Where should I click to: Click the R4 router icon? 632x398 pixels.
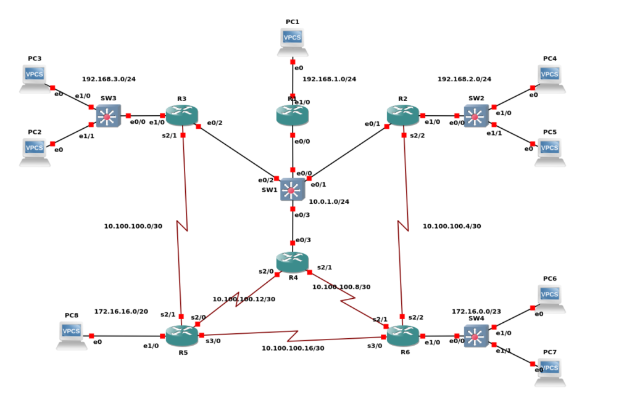tap(293, 262)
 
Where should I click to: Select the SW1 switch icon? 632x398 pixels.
tap(292, 190)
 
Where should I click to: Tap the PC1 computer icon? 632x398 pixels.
tap(292, 41)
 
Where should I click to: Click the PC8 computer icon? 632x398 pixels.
tap(72, 335)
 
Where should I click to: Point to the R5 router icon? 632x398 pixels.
tap(182, 335)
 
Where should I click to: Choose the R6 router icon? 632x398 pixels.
tap(403, 335)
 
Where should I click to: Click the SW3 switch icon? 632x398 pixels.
tap(108, 116)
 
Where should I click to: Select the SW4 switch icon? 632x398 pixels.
tap(476, 336)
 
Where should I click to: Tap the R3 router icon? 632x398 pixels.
tap(182, 115)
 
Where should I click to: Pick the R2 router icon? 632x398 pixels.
tap(403, 115)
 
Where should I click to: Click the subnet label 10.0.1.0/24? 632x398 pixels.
tap(329, 201)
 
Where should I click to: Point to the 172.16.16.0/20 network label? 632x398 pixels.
tap(121, 312)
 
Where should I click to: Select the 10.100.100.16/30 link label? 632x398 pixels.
tap(293, 348)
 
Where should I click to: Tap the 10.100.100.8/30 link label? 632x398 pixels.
tap(341, 286)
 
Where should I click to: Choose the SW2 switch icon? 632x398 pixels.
tap(476, 116)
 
